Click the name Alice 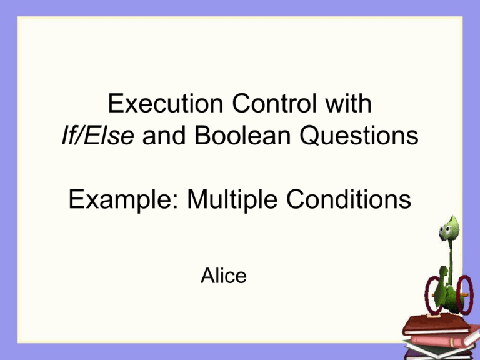tap(224, 276)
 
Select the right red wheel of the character tap(462, 294)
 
